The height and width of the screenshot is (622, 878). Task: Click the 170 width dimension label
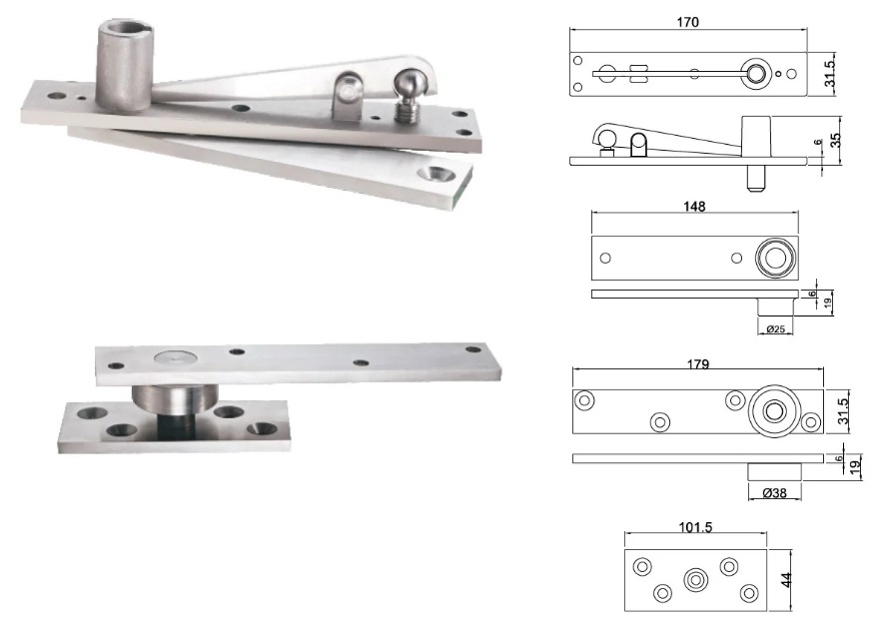687,22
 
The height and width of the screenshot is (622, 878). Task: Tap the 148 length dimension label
694,207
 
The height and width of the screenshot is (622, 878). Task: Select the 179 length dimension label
698,364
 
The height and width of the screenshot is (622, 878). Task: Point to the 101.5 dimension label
695,527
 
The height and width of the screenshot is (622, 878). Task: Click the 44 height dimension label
787,579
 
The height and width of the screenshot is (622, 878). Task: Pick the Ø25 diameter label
775,329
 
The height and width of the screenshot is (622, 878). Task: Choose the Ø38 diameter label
775,492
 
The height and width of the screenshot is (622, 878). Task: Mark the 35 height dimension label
835,140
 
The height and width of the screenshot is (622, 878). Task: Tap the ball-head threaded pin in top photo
409,94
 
